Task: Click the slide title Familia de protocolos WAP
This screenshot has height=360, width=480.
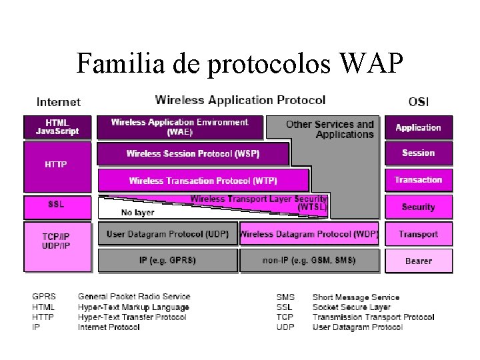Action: click(x=239, y=63)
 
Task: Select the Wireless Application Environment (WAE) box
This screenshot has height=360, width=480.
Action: click(x=179, y=127)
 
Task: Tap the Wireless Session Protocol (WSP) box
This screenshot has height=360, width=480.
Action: click(x=193, y=154)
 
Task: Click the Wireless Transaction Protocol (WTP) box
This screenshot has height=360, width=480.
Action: click(x=203, y=181)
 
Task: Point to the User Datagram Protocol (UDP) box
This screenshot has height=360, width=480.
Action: click(x=167, y=234)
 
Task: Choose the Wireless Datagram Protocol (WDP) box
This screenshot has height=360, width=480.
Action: click(x=309, y=234)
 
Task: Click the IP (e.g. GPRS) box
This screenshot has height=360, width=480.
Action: click(x=167, y=260)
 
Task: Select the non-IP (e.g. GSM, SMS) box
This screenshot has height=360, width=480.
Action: click(x=309, y=260)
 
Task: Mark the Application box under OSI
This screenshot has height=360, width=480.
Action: click(x=418, y=127)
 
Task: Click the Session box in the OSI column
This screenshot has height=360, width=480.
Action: click(x=418, y=153)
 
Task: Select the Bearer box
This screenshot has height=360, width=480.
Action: click(x=418, y=261)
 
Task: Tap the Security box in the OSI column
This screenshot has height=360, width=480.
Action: click(x=418, y=207)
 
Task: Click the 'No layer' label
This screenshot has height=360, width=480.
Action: click(x=137, y=213)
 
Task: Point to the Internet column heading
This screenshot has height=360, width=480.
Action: click(x=59, y=102)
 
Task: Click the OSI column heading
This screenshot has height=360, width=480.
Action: click(x=418, y=102)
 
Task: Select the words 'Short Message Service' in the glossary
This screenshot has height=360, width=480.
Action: click(x=356, y=297)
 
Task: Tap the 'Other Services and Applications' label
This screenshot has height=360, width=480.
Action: click(x=329, y=129)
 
